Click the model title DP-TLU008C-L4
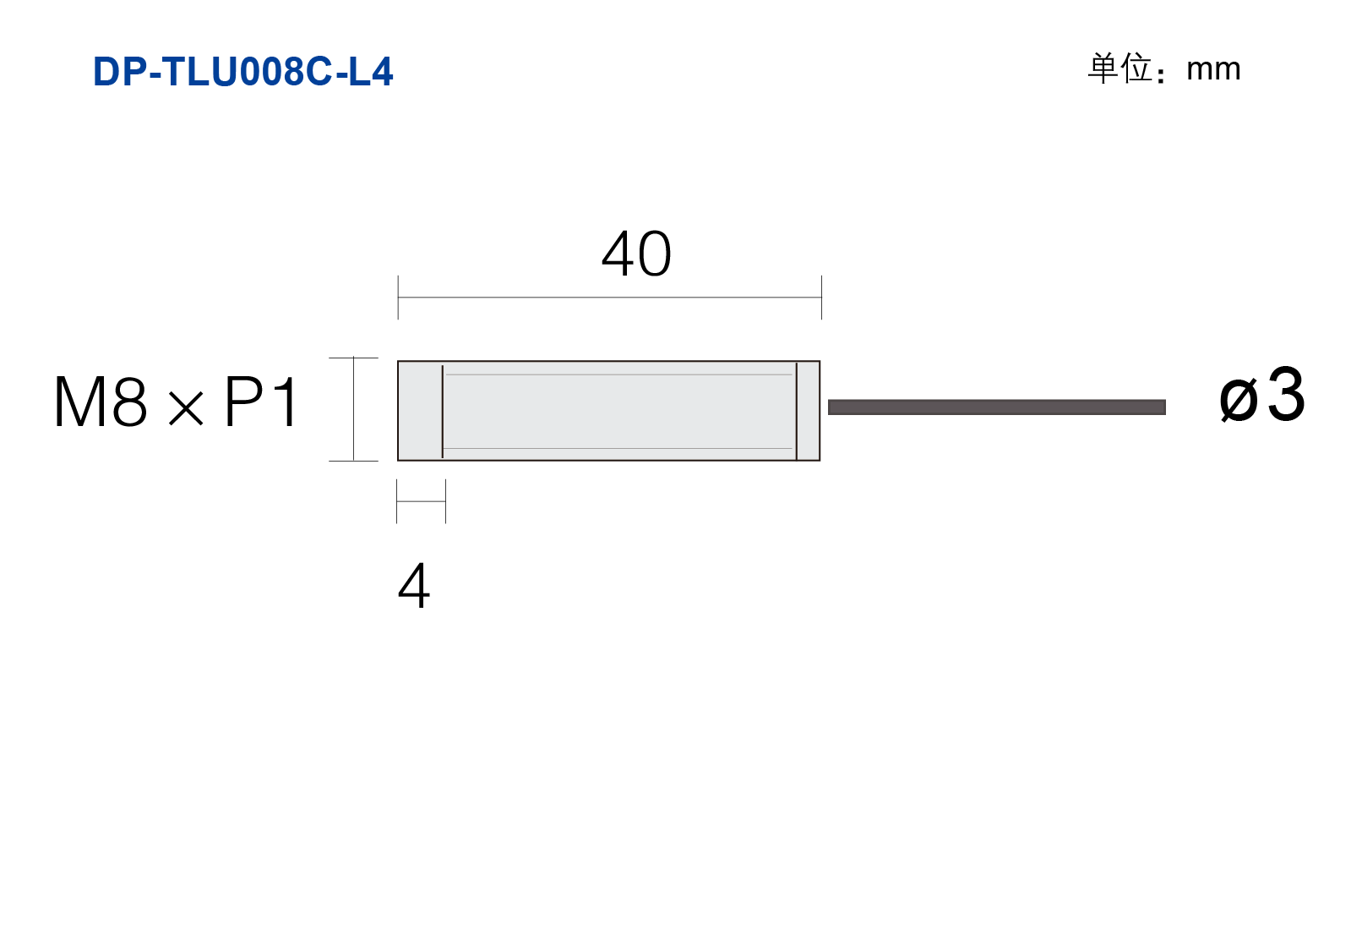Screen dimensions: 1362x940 pos(242,72)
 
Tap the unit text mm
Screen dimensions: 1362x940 pos(1213,69)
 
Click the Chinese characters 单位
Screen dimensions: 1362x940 pos(1120,68)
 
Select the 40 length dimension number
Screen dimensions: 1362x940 pos(636,253)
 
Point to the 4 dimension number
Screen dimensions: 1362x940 pos(414,585)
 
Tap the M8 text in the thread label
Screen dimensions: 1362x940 pos(101,402)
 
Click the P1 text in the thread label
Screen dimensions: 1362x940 pos(261,402)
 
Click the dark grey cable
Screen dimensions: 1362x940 pos(996,407)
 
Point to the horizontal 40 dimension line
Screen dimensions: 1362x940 pos(610,298)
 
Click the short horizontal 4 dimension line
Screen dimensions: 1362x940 pos(421,501)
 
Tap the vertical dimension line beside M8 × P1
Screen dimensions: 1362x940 pos(353,409)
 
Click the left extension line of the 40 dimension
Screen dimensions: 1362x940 pos(398,297)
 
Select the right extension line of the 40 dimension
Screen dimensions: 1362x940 pos(821,297)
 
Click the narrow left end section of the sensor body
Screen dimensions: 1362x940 pos(420,411)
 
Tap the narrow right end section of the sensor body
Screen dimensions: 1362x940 pos(808,411)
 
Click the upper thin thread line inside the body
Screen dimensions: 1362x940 pos(619,374)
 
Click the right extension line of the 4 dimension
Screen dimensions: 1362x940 pos(445,501)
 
